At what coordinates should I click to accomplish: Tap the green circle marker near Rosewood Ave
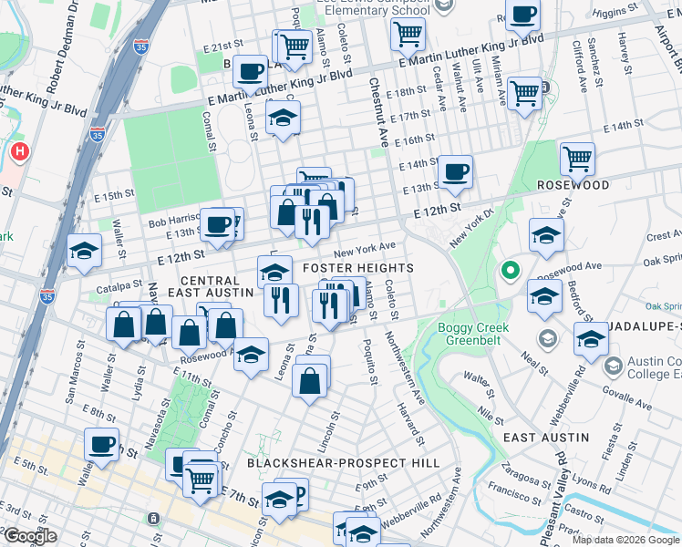pyautogui.click(x=511, y=271)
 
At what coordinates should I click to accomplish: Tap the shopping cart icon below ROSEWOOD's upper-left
pyautogui.click(x=578, y=160)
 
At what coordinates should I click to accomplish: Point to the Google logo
pyautogui.click(x=30, y=536)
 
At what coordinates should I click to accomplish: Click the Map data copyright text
pyautogui.click(x=625, y=540)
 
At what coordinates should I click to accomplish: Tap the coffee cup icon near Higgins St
pyautogui.click(x=523, y=15)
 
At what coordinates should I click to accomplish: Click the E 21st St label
pyautogui.click(x=227, y=45)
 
